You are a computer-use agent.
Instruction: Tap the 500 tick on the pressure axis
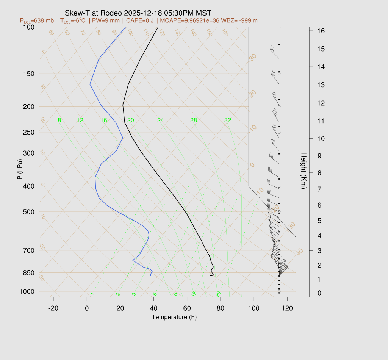click(29, 212)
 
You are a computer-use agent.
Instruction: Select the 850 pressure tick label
click(29, 273)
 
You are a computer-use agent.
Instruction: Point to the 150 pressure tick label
click(29, 74)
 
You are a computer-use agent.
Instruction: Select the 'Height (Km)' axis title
click(303, 172)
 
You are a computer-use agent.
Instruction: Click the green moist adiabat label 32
click(227, 121)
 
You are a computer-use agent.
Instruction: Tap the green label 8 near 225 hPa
click(59, 121)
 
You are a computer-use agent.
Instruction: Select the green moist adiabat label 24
click(160, 121)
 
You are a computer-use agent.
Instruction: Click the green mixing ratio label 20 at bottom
click(218, 294)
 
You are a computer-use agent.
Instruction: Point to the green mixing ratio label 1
click(92, 294)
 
